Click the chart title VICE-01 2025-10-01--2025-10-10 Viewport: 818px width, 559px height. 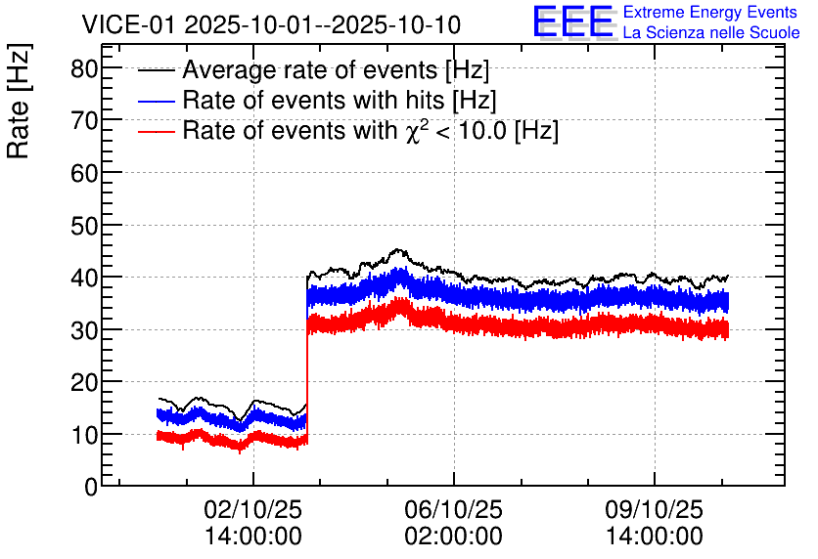[271, 24]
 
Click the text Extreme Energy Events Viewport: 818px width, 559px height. [710, 13]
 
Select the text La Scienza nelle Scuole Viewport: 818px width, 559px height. [710, 33]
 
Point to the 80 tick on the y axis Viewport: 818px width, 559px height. [84, 68]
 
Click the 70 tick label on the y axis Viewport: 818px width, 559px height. [84, 121]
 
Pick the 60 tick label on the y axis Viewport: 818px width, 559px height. [84, 173]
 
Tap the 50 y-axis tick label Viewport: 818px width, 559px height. [84, 226]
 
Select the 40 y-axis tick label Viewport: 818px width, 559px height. [84, 278]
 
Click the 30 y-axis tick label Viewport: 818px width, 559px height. [84, 330]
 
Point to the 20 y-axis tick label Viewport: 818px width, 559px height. [84, 382]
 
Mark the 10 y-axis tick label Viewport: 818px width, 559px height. [84, 435]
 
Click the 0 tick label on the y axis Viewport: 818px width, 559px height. [91, 487]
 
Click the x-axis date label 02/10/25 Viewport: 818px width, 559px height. [253, 510]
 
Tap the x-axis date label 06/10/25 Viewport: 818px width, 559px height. [453, 510]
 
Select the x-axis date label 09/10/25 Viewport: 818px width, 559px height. [653, 510]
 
